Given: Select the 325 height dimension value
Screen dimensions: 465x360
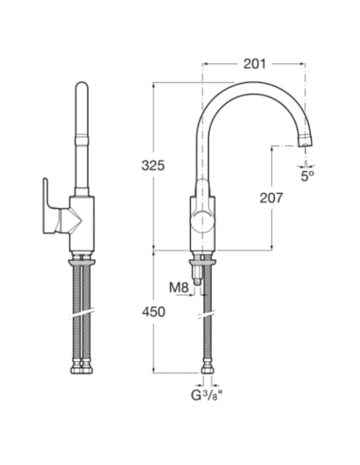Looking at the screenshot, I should tap(153, 164).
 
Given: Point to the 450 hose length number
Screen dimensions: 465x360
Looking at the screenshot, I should tap(153, 311).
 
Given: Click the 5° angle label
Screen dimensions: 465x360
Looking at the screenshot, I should tap(307, 175).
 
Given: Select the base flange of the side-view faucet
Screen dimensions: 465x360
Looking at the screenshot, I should tap(82, 252).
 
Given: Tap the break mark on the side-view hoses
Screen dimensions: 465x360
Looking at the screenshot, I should tap(82, 310).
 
